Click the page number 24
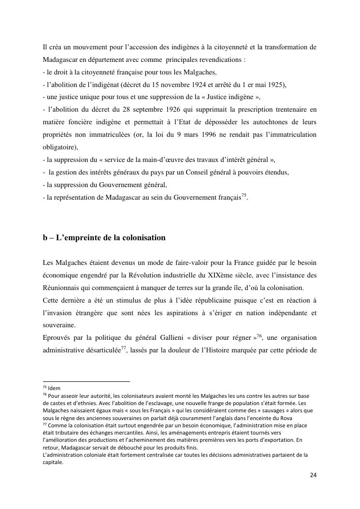[313, 475]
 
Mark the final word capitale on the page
[52, 462]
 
